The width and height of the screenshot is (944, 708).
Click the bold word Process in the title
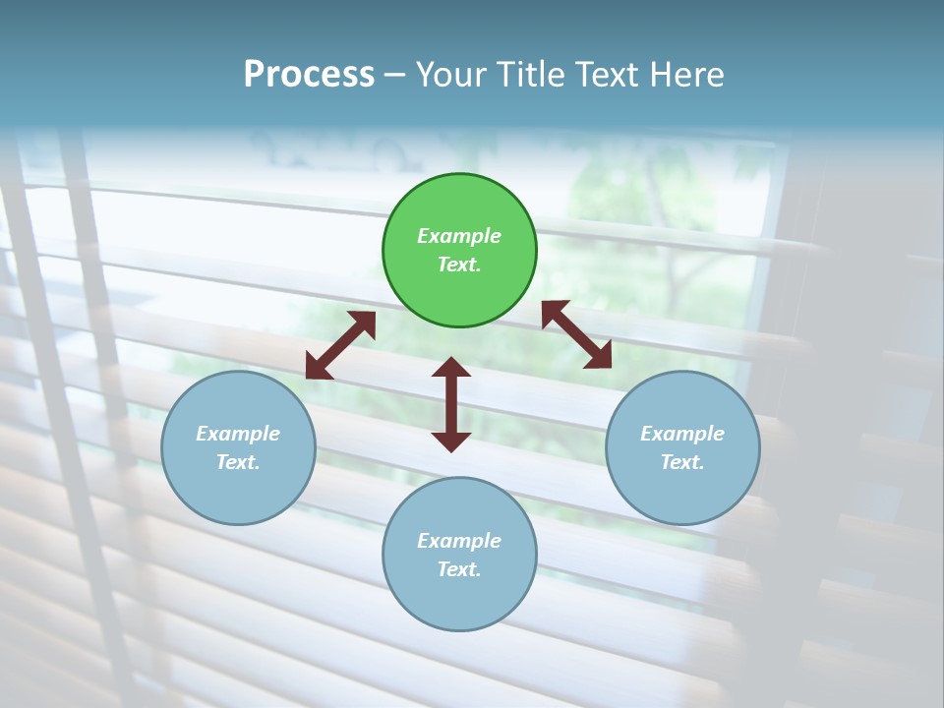point(309,75)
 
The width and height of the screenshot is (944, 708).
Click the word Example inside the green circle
point(459,236)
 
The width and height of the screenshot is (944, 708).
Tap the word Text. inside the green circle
point(459,265)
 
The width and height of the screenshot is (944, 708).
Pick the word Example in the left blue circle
point(238,434)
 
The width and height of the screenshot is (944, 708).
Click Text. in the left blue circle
point(238,462)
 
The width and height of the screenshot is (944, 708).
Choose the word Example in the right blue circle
point(682,434)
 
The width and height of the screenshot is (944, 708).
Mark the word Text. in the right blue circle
point(682,462)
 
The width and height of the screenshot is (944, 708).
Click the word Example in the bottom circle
point(459,541)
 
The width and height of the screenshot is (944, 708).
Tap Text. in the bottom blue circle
point(459,569)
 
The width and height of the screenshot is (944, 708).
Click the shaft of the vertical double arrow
point(451,404)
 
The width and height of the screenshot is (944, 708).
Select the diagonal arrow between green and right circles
point(576,334)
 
